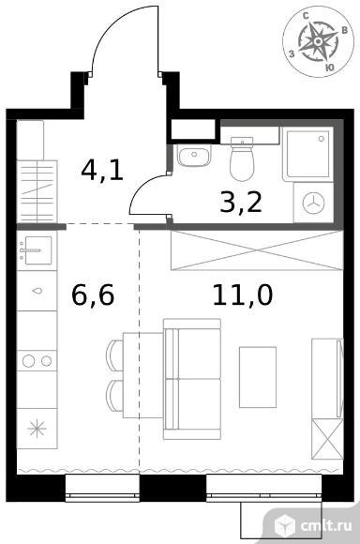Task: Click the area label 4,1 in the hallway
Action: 102,171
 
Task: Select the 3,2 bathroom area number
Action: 241,203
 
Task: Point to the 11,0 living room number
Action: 243,295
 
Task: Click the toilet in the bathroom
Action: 242,159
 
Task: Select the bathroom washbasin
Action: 194,155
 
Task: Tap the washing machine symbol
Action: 313,203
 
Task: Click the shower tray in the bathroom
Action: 307,154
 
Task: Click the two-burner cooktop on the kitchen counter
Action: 37,361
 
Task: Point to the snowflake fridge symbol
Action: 37,429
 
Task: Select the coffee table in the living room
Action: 258,377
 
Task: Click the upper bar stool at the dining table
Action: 115,355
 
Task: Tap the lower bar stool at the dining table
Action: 115,396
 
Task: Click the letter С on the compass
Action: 307,16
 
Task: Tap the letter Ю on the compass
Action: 330,68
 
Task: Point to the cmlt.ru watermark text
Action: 326,525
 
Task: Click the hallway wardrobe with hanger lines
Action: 37,191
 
